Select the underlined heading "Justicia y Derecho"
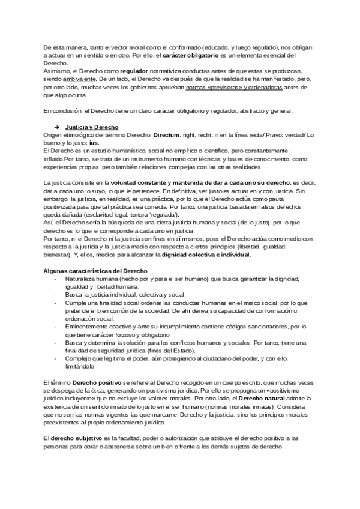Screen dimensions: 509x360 coord(91,127)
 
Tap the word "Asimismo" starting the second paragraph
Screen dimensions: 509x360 coord(58,70)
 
